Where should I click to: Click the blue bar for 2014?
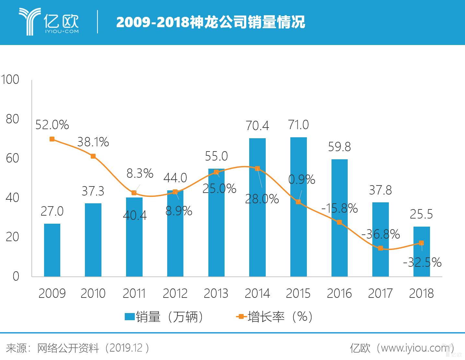257,207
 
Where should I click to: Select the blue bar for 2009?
52,250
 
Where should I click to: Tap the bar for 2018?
421,252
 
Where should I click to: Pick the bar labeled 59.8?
339,218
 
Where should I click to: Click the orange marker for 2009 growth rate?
52,139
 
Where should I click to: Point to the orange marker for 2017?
380,248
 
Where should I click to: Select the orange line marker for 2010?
93,156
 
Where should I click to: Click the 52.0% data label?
52,125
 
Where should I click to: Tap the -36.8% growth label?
380,234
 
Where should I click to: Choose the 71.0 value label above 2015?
298,125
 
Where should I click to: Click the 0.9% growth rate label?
302,179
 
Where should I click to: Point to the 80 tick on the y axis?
12,119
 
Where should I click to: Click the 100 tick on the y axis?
10,80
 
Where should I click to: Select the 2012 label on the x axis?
175,293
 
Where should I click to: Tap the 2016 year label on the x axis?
339,293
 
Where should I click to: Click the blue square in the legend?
130,317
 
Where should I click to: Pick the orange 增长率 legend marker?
241,317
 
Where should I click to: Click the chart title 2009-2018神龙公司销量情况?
211,22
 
